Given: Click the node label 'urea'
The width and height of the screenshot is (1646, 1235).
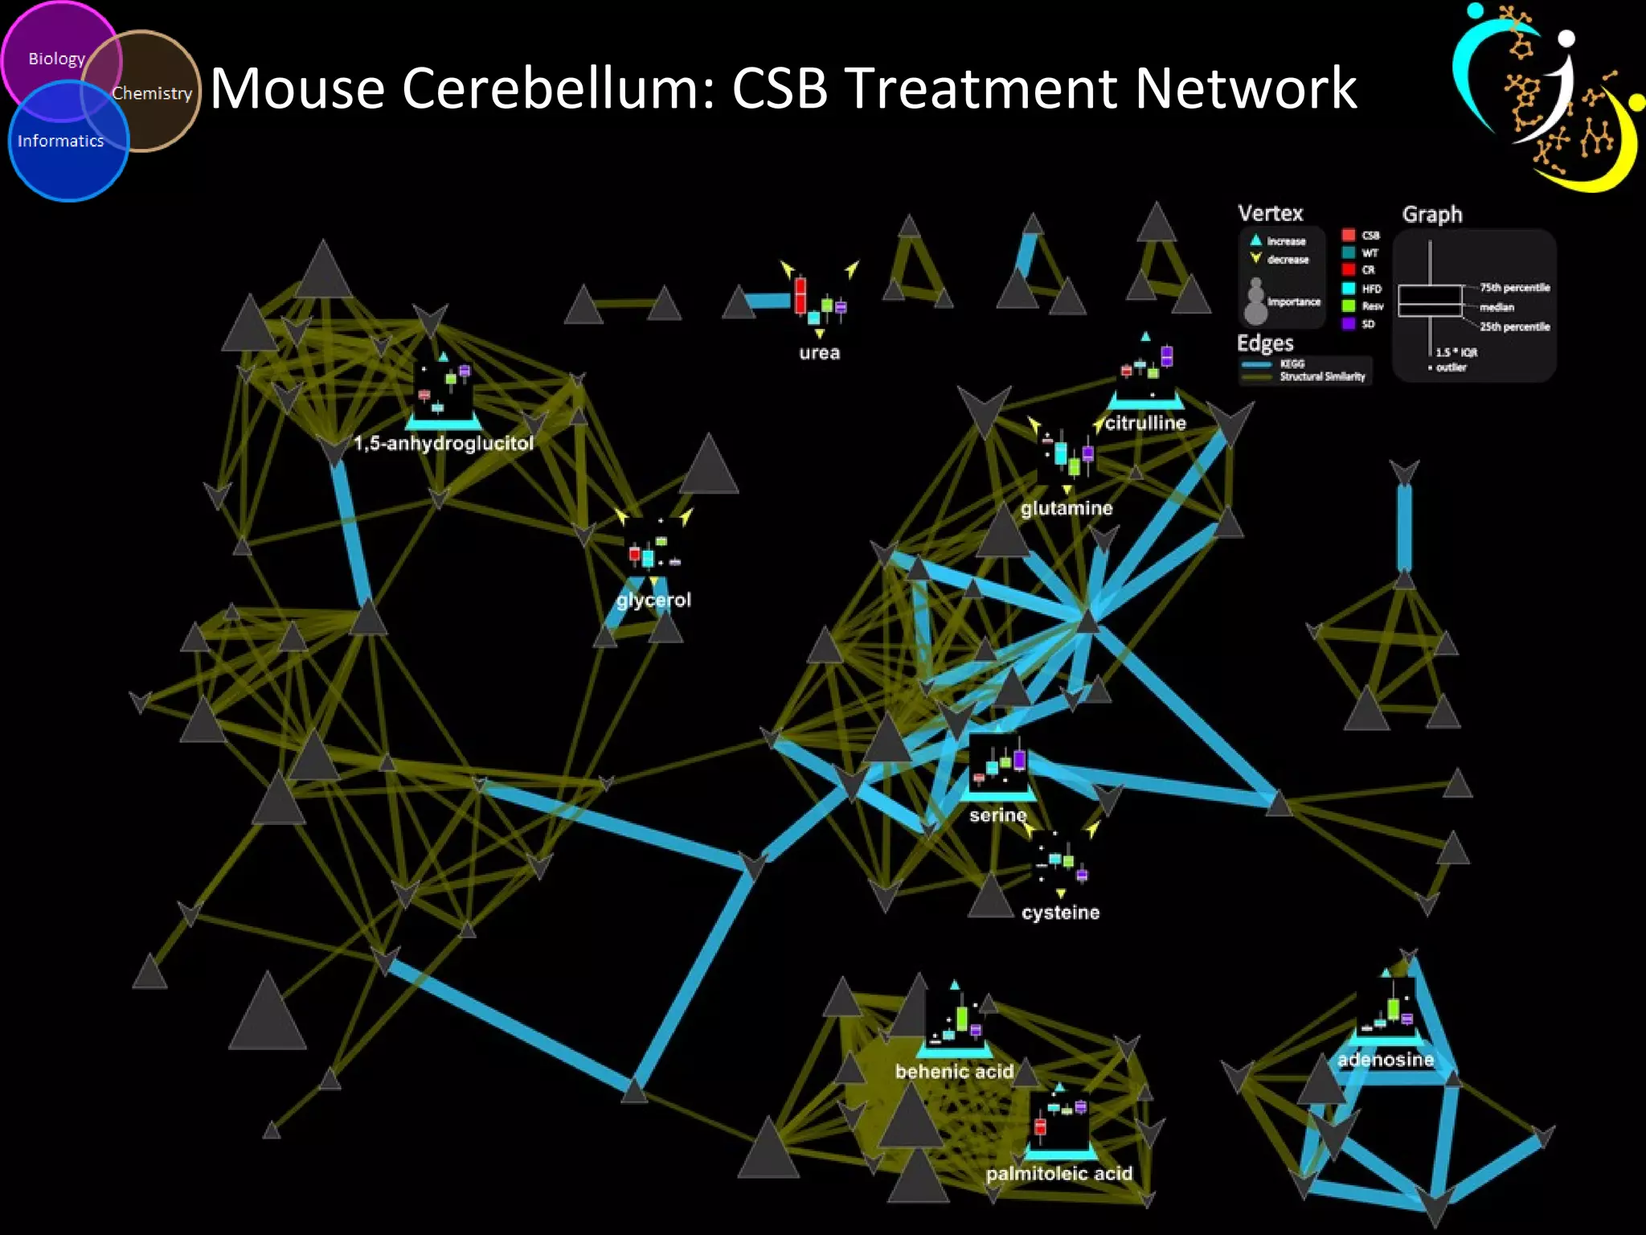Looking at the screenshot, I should click(x=819, y=352).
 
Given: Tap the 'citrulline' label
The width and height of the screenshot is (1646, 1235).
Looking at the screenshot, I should click(x=1145, y=423).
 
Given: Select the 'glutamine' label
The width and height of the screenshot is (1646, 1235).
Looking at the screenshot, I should click(x=1067, y=508).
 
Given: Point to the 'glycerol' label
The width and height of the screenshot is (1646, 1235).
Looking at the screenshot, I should click(x=653, y=600).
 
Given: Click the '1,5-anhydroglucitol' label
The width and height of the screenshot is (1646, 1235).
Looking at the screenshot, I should click(x=444, y=443).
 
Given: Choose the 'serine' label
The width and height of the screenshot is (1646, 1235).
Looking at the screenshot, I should click(x=997, y=815).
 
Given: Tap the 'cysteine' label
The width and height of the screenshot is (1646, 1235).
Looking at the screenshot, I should click(x=1060, y=913).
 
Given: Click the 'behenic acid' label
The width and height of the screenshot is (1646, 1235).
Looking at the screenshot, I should click(x=954, y=1072).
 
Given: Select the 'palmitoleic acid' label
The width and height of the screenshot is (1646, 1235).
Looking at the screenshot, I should click(x=1058, y=1174).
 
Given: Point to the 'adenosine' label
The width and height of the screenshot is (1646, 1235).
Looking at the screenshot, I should click(x=1386, y=1060).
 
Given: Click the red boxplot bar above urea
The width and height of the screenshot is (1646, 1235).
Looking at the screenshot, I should click(x=800, y=295).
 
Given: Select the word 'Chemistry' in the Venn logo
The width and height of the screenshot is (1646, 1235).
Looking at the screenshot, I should click(x=152, y=93).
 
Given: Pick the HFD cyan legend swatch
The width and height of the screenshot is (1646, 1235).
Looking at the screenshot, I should click(x=1349, y=289).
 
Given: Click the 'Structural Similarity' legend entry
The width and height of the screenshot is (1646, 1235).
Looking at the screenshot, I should click(x=1322, y=376).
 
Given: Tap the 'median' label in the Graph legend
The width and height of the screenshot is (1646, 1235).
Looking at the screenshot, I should click(x=1497, y=307).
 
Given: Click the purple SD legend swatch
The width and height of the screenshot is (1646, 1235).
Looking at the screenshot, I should click(x=1349, y=323).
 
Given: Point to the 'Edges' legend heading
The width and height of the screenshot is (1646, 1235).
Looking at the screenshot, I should click(x=1265, y=343).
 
